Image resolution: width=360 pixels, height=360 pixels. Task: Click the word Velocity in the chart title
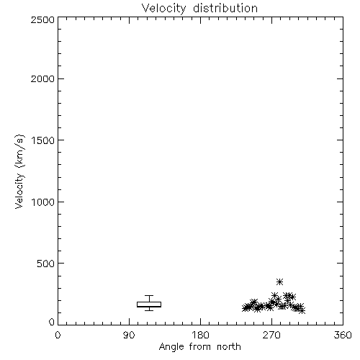tap(163, 8)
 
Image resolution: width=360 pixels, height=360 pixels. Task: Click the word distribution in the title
tap(225, 8)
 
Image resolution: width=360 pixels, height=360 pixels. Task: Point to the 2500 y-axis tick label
tap(42, 19)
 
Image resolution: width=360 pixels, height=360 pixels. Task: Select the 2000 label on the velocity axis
tap(42, 78)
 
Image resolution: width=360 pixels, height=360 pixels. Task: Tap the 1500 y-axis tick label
tap(43, 140)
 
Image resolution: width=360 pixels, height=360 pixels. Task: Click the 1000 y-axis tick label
tap(43, 202)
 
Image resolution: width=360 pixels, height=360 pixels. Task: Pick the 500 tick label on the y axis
tap(46, 264)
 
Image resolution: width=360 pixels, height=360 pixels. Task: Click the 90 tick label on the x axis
tap(129, 335)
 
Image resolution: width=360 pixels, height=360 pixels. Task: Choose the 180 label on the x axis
tap(200, 335)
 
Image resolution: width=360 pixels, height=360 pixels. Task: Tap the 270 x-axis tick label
tap(271, 335)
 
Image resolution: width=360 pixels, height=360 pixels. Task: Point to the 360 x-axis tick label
tap(343, 335)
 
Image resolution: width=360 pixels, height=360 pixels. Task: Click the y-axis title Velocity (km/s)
tap(19, 171)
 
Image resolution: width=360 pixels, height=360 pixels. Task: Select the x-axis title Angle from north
tap(200, 347)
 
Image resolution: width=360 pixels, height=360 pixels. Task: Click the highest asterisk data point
tap(279, 282)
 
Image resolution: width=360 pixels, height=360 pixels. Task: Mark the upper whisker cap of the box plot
tap(149, 295)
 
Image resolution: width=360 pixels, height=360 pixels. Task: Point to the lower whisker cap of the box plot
tap(149, 310)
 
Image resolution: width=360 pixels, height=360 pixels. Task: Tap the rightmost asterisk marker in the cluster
tap(302, 311)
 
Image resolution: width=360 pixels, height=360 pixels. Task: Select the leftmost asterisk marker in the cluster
tap(245, 308)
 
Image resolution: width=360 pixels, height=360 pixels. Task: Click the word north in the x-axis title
tap(229, 346)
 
